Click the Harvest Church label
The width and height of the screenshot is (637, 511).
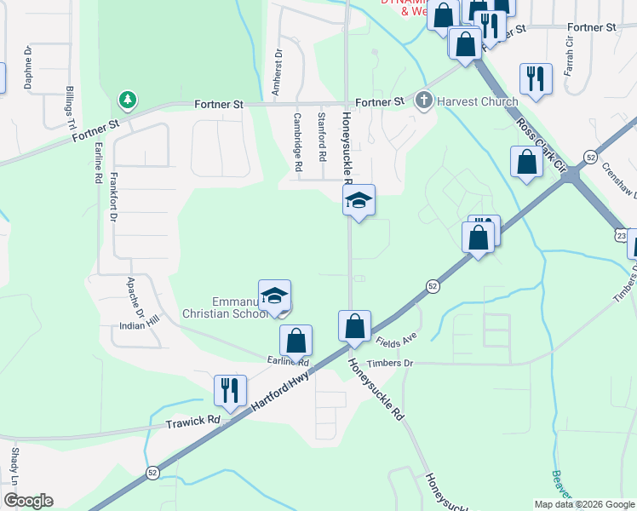[477, 101]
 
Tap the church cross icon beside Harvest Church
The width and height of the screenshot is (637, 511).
[423, 101]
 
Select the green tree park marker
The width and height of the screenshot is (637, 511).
[128, 100]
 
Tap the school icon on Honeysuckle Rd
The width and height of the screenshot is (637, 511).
[359, 202]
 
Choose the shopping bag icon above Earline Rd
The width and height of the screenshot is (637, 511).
[296, 342]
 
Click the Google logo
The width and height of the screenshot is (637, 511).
[28, 501]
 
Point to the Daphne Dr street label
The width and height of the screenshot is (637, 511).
[28, 68]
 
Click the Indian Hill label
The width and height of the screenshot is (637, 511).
[141, 321]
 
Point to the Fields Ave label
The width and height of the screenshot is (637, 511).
[396, 341]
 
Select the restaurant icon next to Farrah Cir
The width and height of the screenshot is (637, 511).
[536, 78]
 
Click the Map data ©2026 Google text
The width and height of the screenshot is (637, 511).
[584, 503]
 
